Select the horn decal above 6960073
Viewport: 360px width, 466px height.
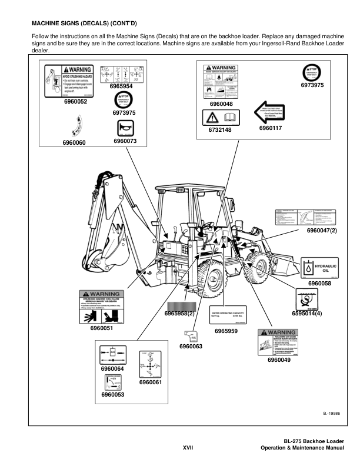pos(125,128)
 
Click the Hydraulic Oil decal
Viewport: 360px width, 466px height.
pos(319,268)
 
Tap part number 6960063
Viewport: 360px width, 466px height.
pos(191,347)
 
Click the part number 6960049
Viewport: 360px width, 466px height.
pos(279,360)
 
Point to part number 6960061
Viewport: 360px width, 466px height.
pos(151,383)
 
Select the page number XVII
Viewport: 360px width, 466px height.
pos(188,448)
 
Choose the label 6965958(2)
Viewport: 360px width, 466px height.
pos(179,313)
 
